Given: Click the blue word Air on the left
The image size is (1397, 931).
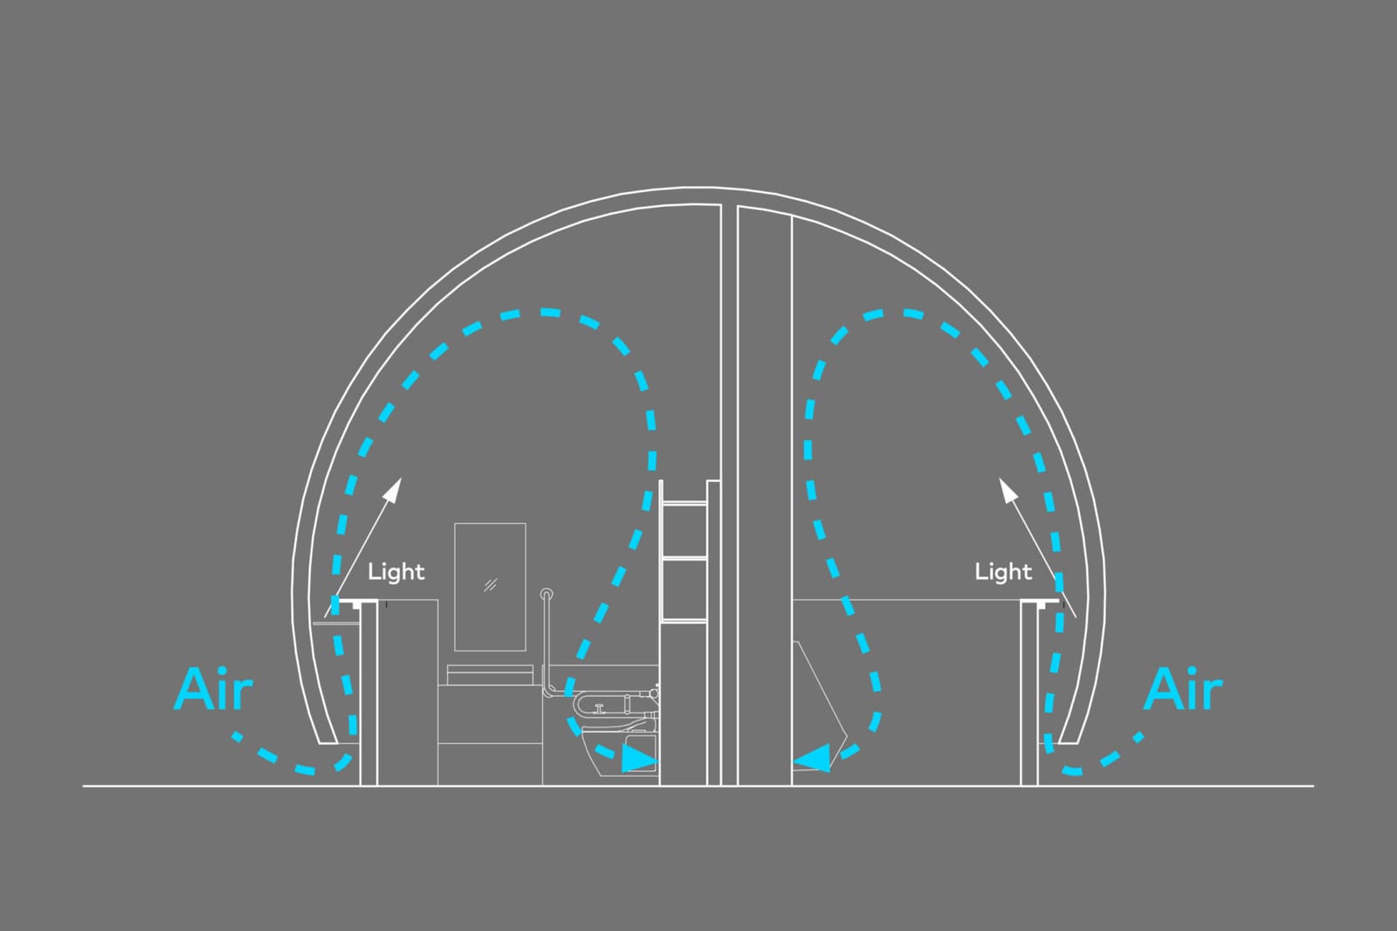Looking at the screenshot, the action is tap(213, 689).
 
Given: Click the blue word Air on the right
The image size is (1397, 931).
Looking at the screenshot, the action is tap(1182, 689).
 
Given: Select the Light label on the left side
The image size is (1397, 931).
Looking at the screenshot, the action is tap(396, 571).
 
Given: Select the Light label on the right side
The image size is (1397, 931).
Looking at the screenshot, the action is tap(1003, 571).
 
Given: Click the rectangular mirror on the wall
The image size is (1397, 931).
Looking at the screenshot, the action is tap(490, 587).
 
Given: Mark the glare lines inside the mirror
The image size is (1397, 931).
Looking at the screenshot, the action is tap(491, 584).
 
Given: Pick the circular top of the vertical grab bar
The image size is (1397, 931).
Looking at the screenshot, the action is tap(547, 593).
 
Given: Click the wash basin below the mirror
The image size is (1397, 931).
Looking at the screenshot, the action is tap(490, 675).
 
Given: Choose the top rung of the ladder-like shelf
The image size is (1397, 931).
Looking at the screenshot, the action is tap(685, 503).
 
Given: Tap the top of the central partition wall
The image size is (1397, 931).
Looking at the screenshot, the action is tap(730, 206).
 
